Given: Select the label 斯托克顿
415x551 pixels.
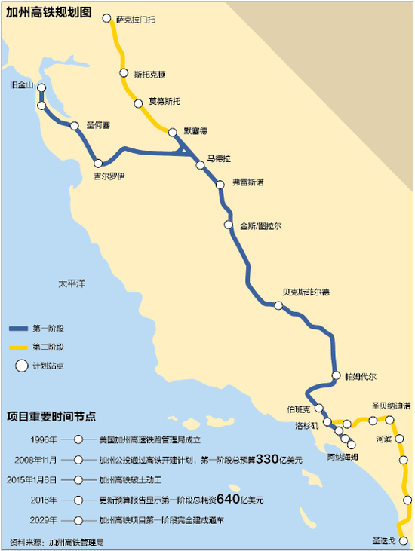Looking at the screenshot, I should point(149,74).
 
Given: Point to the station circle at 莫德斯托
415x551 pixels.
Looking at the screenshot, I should point(139,103).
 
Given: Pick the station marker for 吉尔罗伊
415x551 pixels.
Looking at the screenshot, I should point(98,163).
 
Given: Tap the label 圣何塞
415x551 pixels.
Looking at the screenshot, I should point(99,125).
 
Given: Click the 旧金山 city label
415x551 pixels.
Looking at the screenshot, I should point(21,85).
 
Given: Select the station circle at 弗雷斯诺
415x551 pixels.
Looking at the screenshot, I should point(217,183).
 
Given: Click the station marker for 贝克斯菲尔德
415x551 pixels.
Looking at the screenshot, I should point(278,305).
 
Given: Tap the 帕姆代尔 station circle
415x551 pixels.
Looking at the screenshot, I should point(337,375).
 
